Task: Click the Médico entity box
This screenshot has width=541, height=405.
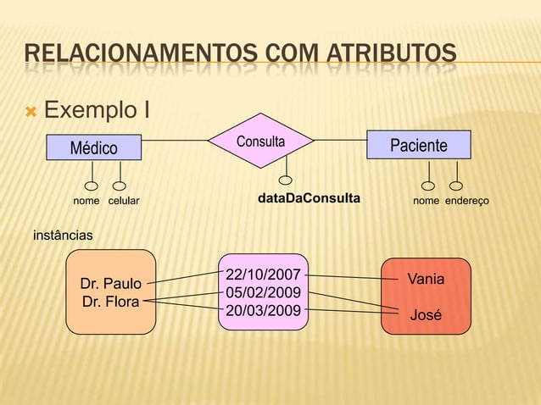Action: pyautogui.click(x=94, y=147)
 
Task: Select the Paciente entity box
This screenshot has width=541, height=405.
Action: pyautogui.click(x=418, y=146)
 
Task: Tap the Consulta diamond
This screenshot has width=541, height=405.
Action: pyautogui.click(x=261, y=141)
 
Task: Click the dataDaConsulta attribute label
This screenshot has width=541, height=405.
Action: pyautogui.click(x=308, y=200)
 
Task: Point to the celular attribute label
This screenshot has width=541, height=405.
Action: pyautogui.click(x=123, y=201)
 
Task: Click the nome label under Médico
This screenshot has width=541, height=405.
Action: pyautogui.click(x=86, y=201)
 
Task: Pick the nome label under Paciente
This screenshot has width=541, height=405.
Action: pyautogui.click(x=426, y=201)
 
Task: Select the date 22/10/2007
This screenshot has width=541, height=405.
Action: pyautogui.click(x=263, y=274)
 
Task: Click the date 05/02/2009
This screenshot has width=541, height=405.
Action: pyautogui.click(x=263, y=292)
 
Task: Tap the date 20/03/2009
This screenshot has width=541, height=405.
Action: pyautogui.click(x=263, y=310)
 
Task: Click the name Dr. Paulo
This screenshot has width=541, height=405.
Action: pyautogui.click(x=110, y=283)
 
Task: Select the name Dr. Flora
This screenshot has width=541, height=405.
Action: pyautogui.click(x=110, y=301)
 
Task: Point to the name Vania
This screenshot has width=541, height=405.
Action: pyautogui.click(x=426, y=279)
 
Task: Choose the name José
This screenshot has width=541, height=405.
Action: pyautogui.click(x=426, y=315)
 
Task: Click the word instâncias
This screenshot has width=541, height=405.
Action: pyautogui.click(x=63, y=233)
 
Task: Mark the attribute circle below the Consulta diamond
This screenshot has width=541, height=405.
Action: pyautogui.click(x=287, y=180)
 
